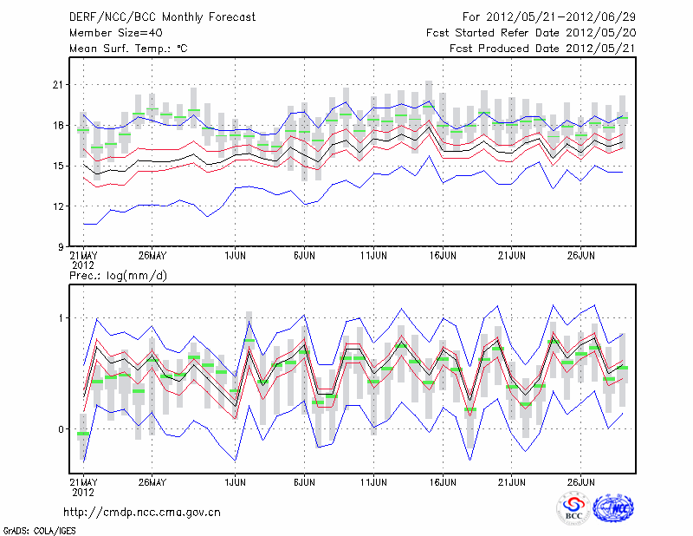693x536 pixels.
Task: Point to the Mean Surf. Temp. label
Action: [x=128, y=49]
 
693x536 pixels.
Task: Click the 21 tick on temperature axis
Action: [x=59, y=85]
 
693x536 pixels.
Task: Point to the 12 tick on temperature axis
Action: [x=59, y=206]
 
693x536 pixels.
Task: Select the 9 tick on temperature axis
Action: [x=62, y=247]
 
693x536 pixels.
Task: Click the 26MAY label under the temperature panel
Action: [x=152, y=256]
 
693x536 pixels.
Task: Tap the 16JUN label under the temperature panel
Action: [x=443, y=256]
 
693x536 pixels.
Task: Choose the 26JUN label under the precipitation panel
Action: [x=581, y=480]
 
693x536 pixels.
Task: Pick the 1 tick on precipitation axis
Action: [x=62, y=318]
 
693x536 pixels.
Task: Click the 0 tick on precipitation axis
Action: [x=62, y=429]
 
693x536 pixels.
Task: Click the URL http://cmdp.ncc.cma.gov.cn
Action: [x=142, y=512]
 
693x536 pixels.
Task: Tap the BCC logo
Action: [x=573, y=508]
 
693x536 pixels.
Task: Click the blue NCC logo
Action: [x=613, y=508]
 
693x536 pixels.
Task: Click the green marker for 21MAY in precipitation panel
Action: [x=83, y=434]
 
